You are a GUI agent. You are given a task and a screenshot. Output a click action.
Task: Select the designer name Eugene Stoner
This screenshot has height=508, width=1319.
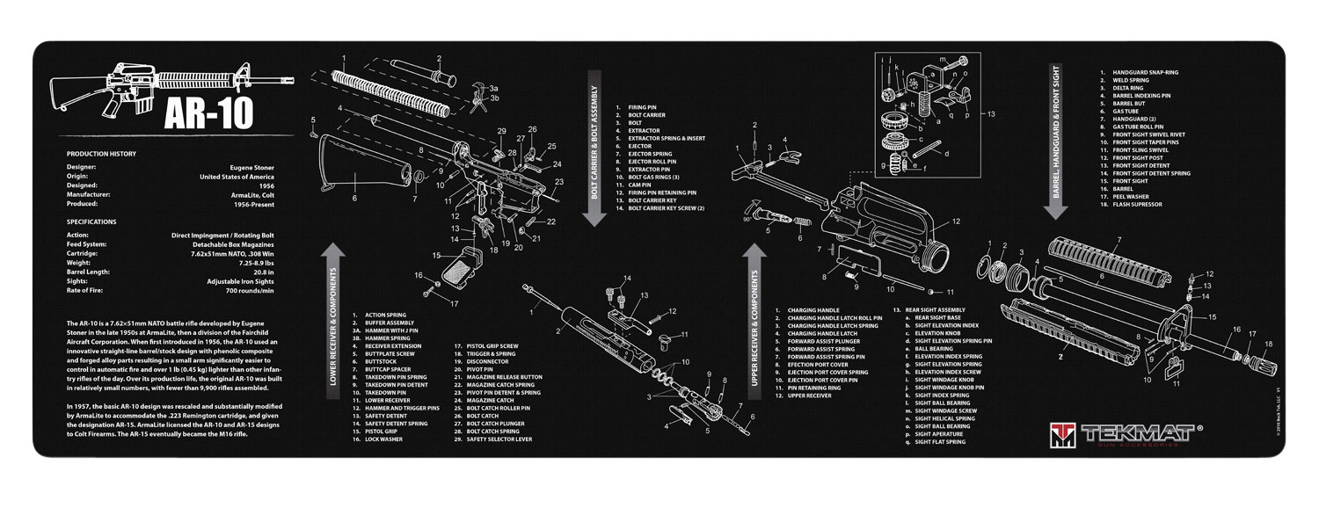tap(254, 166)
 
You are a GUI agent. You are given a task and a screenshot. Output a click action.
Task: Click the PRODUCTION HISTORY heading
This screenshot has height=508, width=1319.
tap(100, 154)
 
